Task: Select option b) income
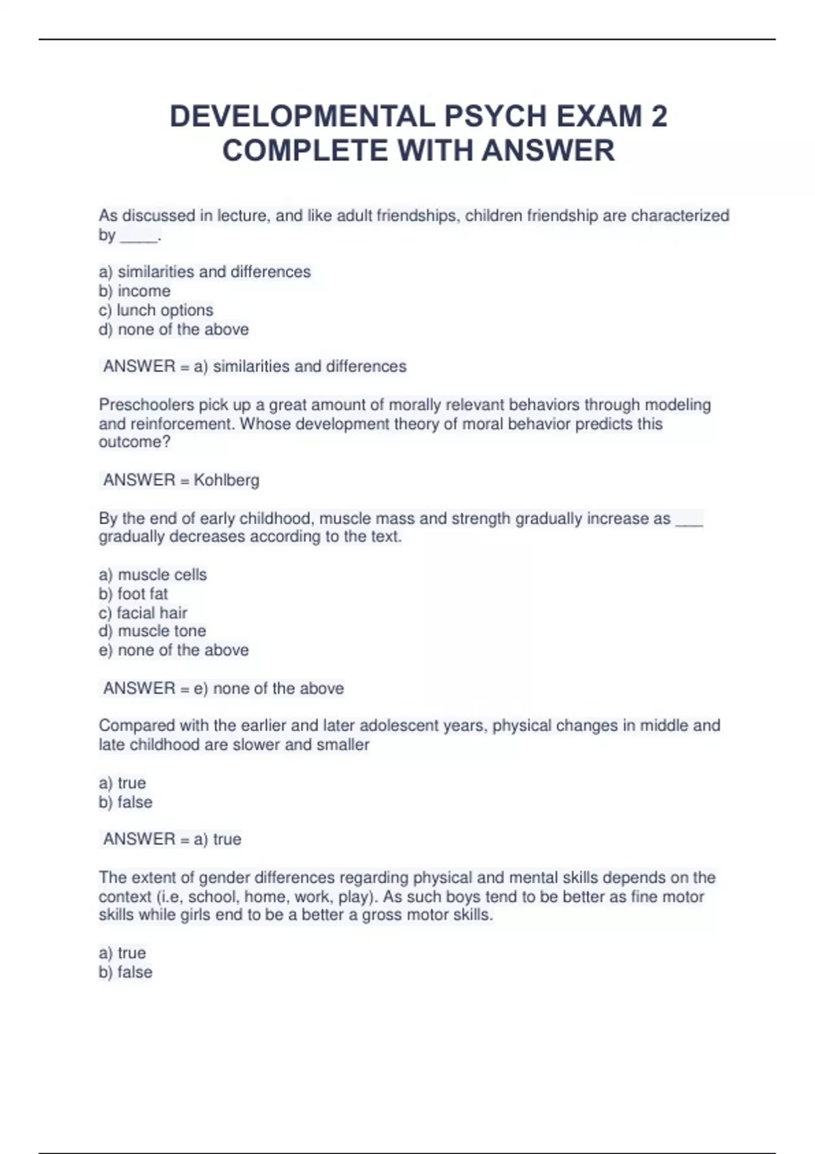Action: [134, 291]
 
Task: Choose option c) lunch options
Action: [156, 310]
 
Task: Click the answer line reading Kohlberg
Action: [181, 481]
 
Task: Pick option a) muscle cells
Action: [153, 575]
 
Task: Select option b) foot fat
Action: [133, 594]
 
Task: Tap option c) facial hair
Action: [143, 613]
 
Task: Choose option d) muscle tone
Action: [152, 631]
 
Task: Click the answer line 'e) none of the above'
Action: [223, 688]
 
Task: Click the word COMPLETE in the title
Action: [306, 151]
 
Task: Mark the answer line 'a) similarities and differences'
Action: [255, 367]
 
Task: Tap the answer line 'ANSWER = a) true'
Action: [172, 840]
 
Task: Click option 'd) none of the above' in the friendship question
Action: [174, 330]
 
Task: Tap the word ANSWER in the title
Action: [548, 151]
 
